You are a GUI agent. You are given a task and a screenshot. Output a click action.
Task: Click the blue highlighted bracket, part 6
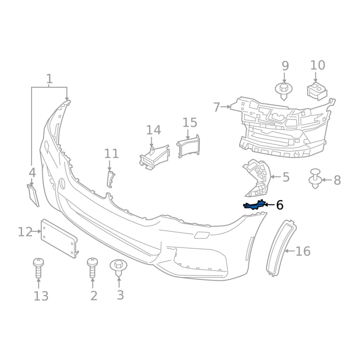(254, 205)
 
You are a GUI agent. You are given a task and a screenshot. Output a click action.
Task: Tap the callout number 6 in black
(279, 205)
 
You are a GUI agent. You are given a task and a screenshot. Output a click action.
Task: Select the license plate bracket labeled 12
(59, 238)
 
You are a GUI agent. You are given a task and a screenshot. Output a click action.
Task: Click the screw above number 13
(38, 268)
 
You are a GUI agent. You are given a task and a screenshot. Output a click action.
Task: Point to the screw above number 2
(93, 268)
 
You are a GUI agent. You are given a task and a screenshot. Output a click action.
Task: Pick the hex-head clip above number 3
(118, 268)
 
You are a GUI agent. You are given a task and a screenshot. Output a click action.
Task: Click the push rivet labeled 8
(315, 179)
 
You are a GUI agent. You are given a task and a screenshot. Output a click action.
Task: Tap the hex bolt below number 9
(284, 91)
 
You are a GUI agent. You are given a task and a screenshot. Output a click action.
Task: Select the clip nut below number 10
(317, 91)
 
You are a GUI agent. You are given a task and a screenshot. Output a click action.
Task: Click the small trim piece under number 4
(33, 195)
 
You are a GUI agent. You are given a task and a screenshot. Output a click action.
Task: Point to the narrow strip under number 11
(110, 179)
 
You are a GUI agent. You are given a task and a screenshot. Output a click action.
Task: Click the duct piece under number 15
(188, 147)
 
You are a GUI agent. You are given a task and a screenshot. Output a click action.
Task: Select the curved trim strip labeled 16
(281, 248)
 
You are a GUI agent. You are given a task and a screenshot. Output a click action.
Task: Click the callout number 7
(216, 107)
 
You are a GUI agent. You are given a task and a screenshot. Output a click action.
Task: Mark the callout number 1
(49, 79)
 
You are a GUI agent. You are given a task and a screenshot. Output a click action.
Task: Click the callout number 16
(303, 251)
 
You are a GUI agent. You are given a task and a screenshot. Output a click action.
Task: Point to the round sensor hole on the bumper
(62, 184)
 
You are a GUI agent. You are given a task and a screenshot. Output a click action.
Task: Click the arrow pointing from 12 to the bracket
(37, 231)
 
